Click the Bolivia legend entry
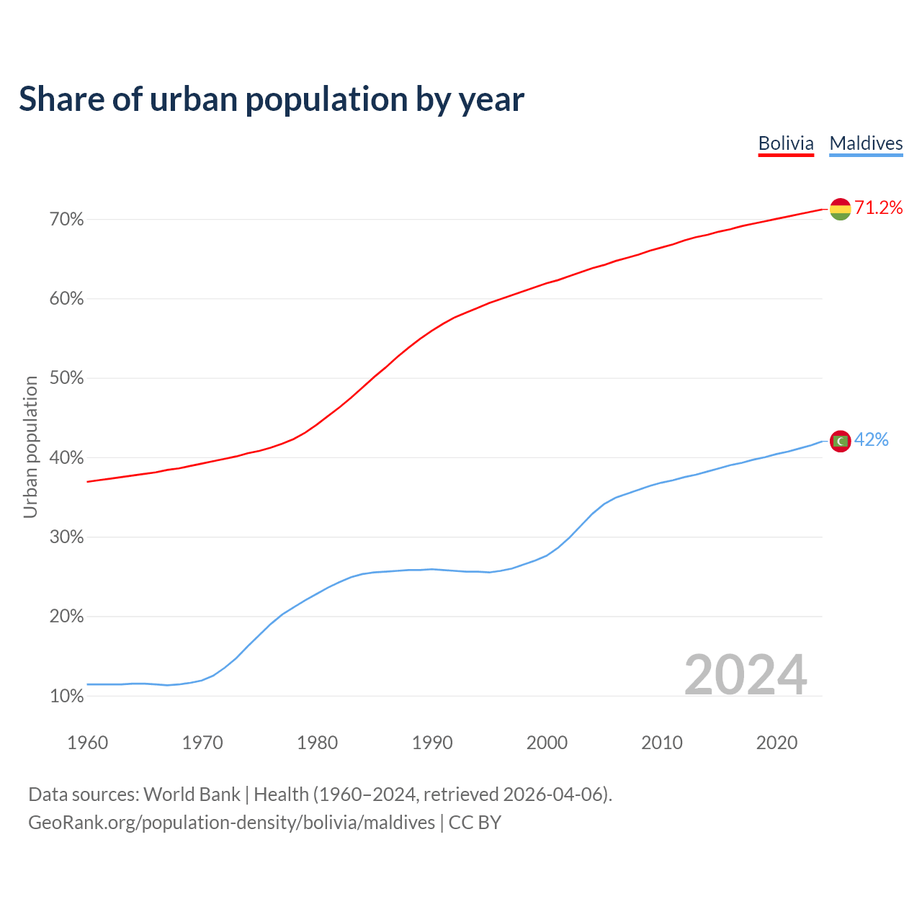click(x=786, y=143)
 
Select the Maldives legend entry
click(x=866, y=143)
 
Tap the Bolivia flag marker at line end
click(x=840, y=209)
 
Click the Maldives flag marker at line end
click(x=840, y=441)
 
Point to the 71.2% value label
click(x=878, y=208)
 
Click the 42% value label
click(x=872, y=440)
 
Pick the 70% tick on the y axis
click(x=66, y=220)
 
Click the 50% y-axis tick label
click(x=66, y=379)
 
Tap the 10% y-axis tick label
click(x=66, y=697)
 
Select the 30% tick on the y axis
click(x=66, y=537)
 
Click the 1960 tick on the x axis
click(x=87, y=743)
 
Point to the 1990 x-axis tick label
click(x=432, y=743)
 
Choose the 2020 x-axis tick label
click(x=776, y=743)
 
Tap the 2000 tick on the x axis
click(x=547, y=743)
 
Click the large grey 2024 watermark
click(x=745, y=675)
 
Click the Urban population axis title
click(x=30, y=447)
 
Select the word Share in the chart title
click(x=61, y=99)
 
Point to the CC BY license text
click(x=475, y=823)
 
